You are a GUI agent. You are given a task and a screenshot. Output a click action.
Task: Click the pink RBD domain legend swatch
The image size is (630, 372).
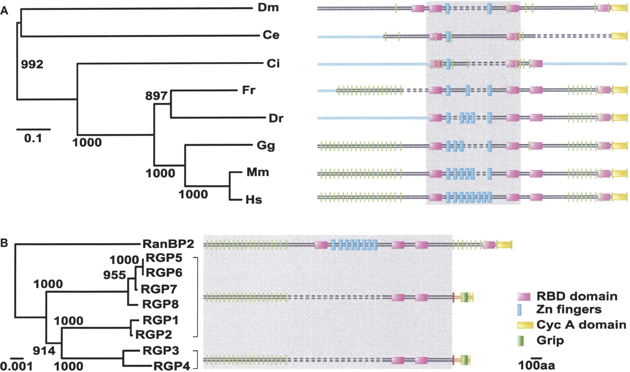(x=523, y=297)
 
